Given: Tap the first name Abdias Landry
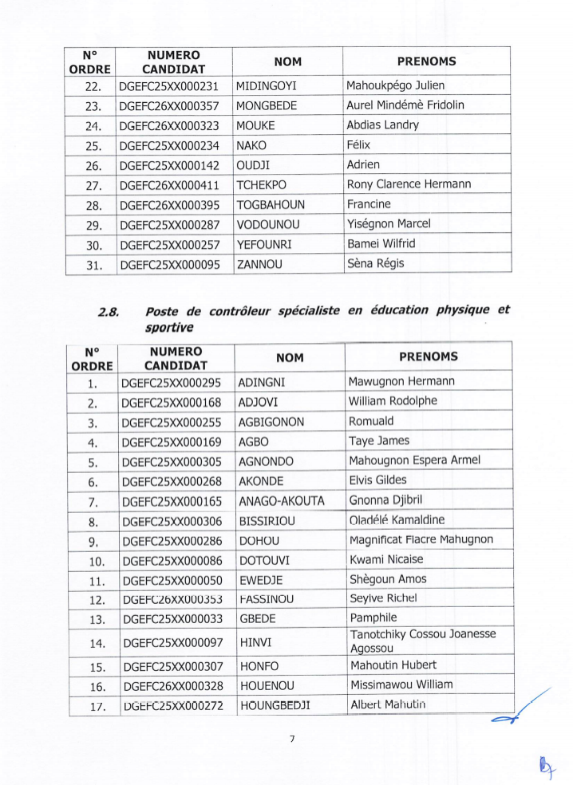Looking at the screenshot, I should pyautogui.click(x=382, y=124).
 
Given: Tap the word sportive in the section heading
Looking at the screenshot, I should pyautogui.click(x=170, y=327).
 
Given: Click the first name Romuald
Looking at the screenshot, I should pyautogui.click(x=371, y=421).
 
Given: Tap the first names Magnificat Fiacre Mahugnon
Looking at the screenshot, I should pyautogui.click(x=421, y=540).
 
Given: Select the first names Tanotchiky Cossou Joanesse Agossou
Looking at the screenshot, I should pyautogui.click(x=423, y=641).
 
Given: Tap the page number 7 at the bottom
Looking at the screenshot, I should pyautogui.click(x=292, y=739).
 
